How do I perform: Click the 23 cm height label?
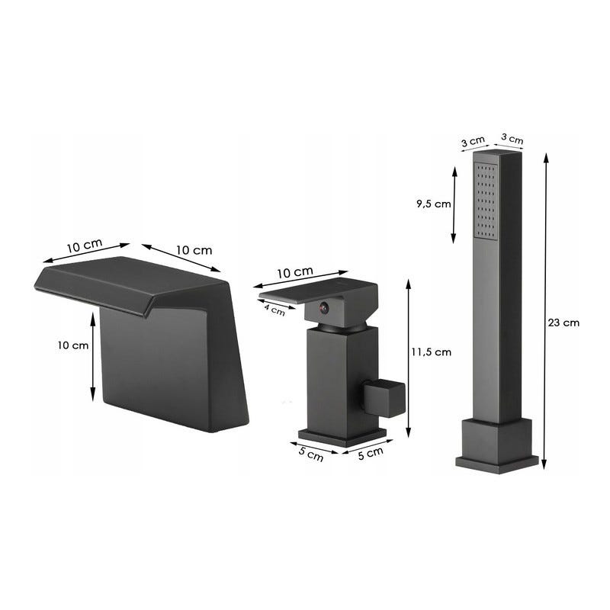[563, 323]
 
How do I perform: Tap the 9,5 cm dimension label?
[434, 204]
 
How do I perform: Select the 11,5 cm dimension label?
[432, 352]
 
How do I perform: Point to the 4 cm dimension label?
[274, 310]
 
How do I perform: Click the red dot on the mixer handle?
[323, 308]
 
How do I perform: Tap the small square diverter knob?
[384, 399]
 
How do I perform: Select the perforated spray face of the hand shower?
[486, 200]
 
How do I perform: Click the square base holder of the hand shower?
[497, 446]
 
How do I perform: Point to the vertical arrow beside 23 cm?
[545, 311]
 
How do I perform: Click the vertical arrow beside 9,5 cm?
[454, 205]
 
